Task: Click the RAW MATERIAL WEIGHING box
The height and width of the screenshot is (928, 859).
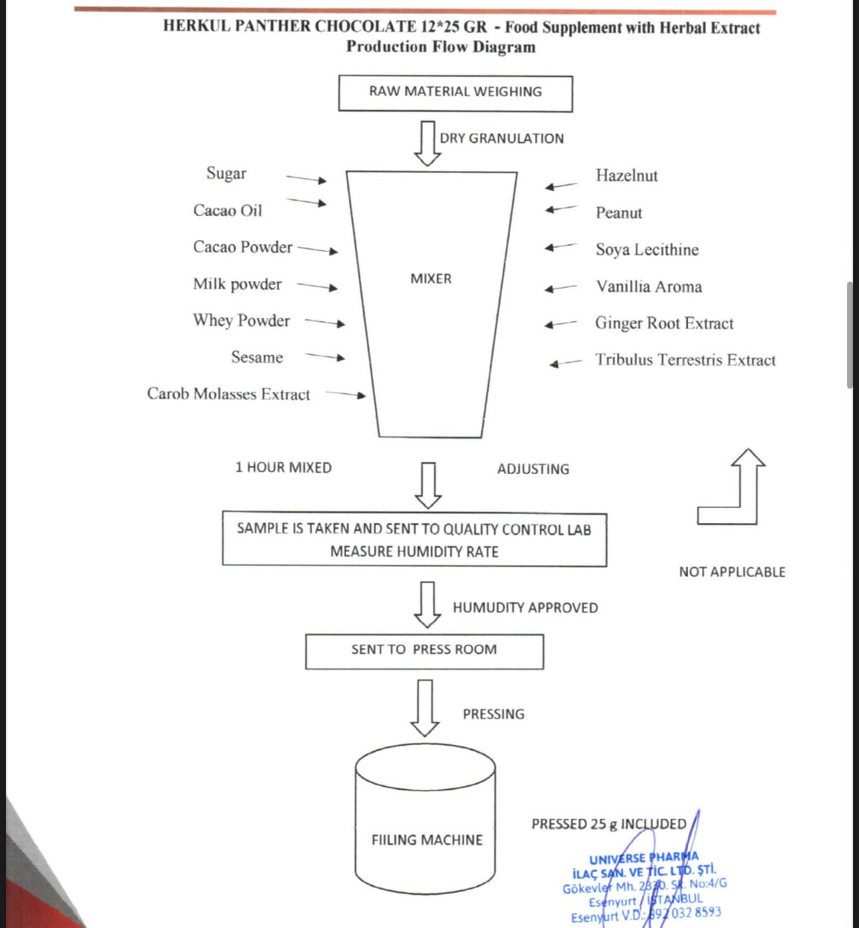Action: tap(455, 93)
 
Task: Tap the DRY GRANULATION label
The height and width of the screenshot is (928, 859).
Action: tap(501, 138)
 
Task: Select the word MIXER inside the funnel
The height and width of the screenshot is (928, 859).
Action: tap(431, 278)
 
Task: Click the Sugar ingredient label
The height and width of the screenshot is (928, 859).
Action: tap(226, 174)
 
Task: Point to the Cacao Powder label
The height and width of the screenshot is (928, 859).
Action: tap(242, 247)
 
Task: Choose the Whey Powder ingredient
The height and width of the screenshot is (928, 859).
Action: tap(241, 321)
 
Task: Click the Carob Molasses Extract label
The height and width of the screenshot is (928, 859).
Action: tap(228, 394)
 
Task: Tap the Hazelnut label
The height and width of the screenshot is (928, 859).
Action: tap(627, 176)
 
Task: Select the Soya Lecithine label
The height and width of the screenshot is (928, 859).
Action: tap(647, 250)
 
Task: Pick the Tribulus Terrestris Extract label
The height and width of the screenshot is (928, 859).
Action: tap(685, 359)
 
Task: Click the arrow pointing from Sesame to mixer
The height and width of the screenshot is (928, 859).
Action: tap(325, 357)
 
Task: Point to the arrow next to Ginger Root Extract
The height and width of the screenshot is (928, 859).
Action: tap(561, 324)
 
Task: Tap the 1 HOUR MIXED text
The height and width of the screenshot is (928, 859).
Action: tap(284, 467)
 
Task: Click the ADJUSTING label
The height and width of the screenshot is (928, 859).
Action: tap(533, 469)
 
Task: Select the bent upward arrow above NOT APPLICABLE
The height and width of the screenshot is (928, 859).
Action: tap(731, 487)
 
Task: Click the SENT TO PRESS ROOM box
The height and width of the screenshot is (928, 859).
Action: tap(425, 651)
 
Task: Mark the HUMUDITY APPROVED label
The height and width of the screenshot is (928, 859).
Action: tap(525, 607)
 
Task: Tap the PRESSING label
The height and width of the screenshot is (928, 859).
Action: tap(493, 714)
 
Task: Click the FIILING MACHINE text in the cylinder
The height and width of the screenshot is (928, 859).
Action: tap(427, 839)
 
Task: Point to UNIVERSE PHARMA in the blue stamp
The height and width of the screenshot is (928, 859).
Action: tap(644, 858)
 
